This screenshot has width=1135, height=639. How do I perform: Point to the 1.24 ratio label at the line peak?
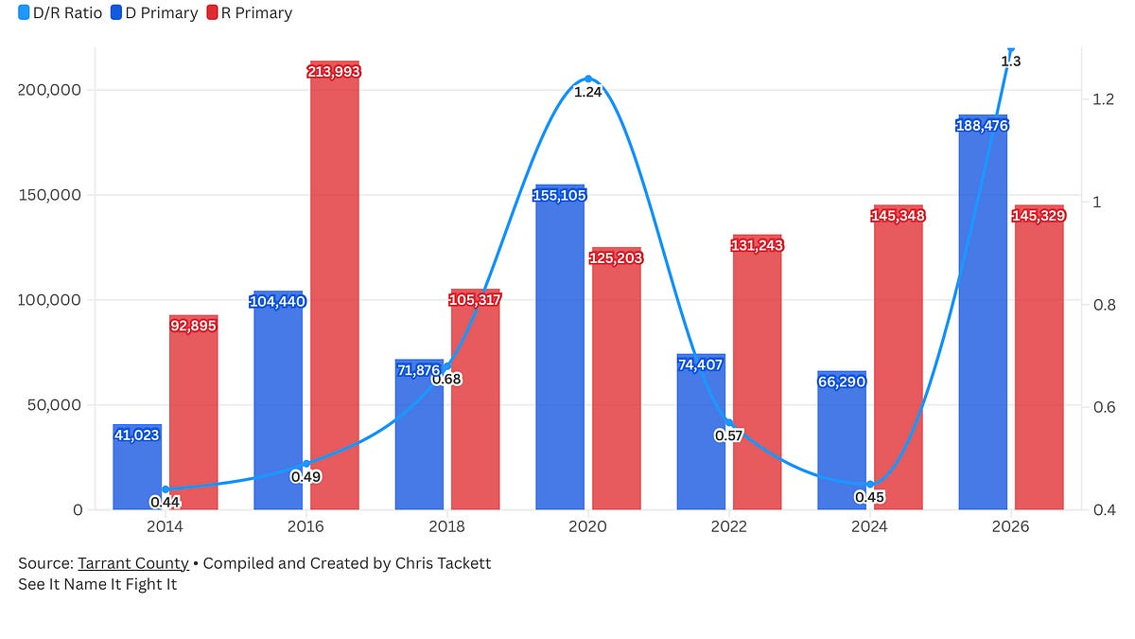coord(588,93)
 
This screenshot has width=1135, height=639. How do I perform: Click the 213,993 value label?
coord(335,71)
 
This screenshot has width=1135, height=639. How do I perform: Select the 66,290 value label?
coord(842,382)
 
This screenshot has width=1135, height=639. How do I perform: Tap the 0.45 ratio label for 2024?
coord(870,497)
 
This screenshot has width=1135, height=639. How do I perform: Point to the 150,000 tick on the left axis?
coord(51,195)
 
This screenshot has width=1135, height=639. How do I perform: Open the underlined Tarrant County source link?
coord(132,563)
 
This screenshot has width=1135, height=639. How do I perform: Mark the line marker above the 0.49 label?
coord(306,464)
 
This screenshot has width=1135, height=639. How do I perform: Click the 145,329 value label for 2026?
coord(1039,216)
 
